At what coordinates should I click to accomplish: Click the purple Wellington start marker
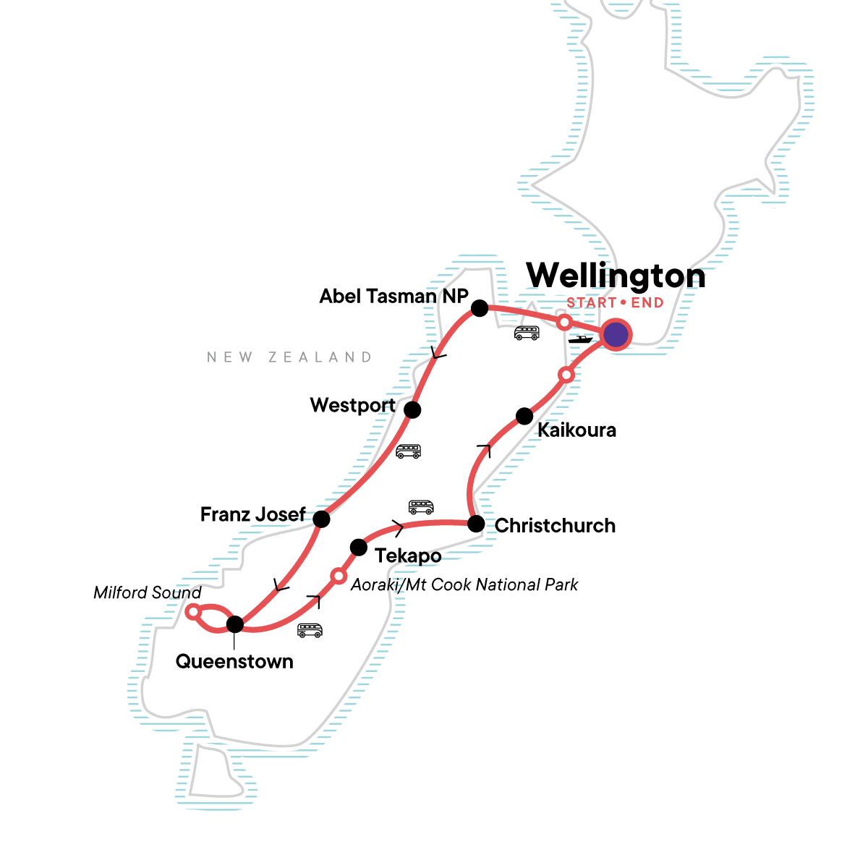[616, 335]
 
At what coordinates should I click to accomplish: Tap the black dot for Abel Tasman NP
[479, 309]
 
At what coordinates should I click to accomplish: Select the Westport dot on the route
[412, 410]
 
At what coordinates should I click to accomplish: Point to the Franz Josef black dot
[321, 519]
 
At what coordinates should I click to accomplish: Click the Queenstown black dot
[235, 624]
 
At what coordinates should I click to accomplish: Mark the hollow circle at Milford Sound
[193, 612]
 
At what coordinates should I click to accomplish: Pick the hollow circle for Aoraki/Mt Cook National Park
[339, 576]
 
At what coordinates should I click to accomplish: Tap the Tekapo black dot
[359, 547]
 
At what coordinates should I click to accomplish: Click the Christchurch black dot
[475, 524]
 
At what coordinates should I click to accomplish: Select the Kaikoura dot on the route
[524, 416]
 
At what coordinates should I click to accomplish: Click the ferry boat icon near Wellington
[580, 339]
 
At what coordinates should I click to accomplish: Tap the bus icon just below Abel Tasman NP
[527, 333]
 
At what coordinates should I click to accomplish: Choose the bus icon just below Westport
[408, 451]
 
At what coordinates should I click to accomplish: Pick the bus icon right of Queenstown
[310, 631]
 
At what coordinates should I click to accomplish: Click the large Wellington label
[616, 276]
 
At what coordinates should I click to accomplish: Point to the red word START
[592, 303]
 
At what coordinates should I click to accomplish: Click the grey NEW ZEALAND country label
[289, 357]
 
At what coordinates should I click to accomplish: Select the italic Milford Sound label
[148, 593]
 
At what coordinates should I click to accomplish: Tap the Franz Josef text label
[252, 514]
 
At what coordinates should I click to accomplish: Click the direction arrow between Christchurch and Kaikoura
[483, 451]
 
